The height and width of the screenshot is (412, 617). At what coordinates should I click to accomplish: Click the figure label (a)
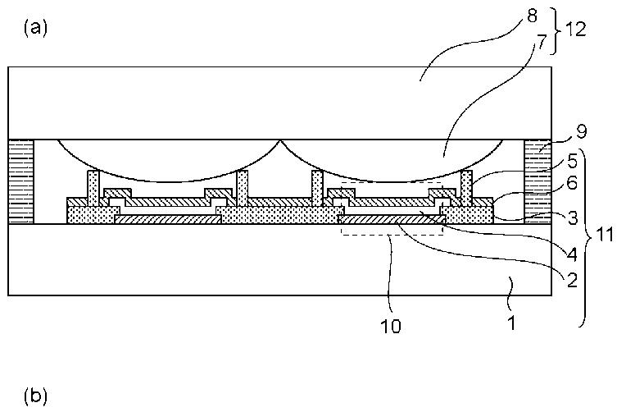point(37,27)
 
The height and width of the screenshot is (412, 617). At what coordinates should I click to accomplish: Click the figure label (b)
point(37,396)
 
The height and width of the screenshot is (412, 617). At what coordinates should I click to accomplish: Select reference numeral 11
point(602,235)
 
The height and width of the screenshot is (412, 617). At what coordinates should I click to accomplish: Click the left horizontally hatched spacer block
point(20,181)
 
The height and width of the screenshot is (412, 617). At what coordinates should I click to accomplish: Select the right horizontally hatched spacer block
point(537,181)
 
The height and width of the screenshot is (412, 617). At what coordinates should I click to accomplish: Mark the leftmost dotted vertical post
point(93,189)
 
